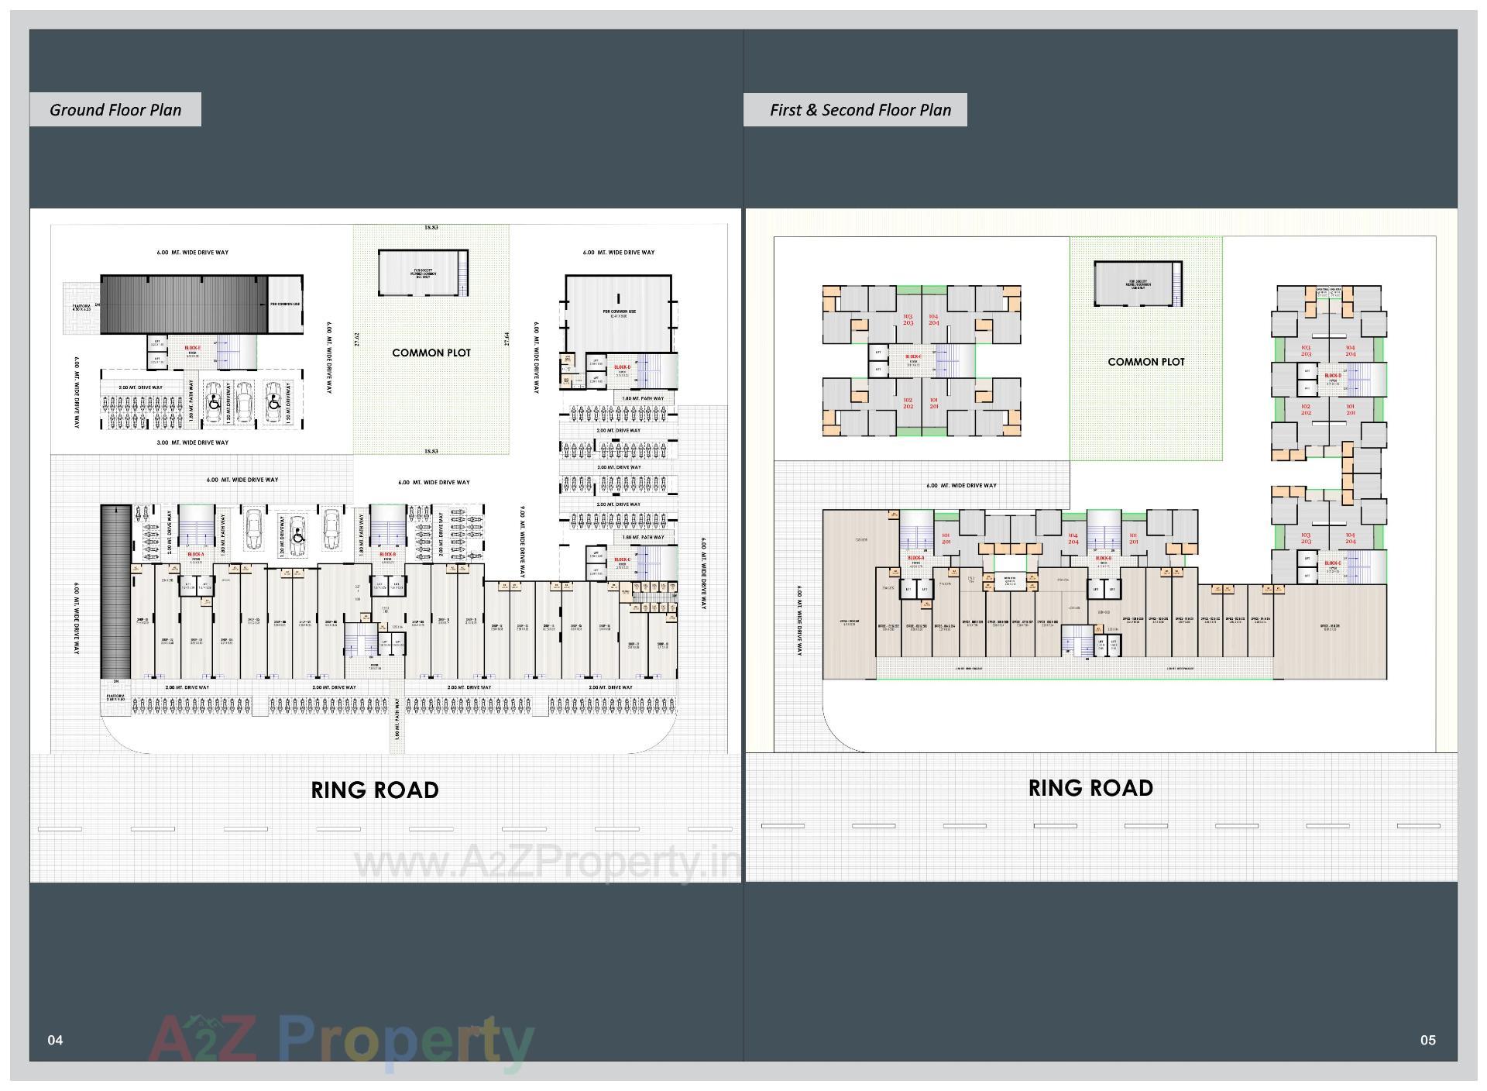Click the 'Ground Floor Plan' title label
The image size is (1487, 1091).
[115, 110]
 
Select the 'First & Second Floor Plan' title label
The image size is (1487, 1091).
[860, 110]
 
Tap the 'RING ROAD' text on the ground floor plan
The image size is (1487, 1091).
[375, 790]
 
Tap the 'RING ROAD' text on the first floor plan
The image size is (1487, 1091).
[1090, 787]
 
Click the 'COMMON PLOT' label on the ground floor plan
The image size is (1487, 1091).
[431, 353]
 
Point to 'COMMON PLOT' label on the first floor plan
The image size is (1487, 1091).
[1146, 362]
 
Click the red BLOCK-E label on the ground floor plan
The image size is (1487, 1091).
[192, 348]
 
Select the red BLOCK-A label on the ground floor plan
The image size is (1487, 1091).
[195, 555]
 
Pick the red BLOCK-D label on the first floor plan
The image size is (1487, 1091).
[1333, 376]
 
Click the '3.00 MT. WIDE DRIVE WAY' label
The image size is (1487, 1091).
[192, 442]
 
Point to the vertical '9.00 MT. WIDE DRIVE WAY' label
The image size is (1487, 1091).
[522, 542]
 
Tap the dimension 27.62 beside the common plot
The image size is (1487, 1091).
[357, 339]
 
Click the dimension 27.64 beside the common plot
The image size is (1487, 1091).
[507, 339]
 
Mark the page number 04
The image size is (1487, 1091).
[55, 1040]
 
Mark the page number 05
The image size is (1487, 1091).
[1427, 1040]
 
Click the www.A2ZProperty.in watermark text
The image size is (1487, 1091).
[546, 862]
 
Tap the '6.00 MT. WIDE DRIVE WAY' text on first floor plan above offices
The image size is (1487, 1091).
[961, 486]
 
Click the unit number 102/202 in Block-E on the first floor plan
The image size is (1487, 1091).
[908, 404]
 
